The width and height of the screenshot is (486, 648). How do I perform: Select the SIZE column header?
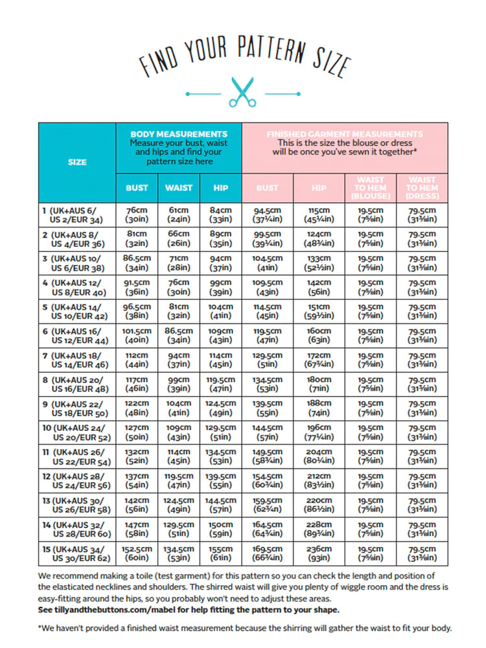click(77, 162)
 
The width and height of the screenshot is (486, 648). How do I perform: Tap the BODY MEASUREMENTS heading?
click(179, 134)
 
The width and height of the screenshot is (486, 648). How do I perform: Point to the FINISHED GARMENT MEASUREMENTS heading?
click(345, 134)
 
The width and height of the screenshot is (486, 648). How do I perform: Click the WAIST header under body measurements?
click(179, 188)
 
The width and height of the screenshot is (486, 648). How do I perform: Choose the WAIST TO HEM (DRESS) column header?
click(422, 188)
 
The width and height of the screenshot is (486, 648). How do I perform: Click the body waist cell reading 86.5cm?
click(179, 336)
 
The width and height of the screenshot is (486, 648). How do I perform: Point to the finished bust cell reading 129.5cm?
click(267, 360)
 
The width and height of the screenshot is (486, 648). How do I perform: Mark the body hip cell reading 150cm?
click(221, 529)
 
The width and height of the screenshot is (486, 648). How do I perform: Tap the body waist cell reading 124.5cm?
click(179, 505)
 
